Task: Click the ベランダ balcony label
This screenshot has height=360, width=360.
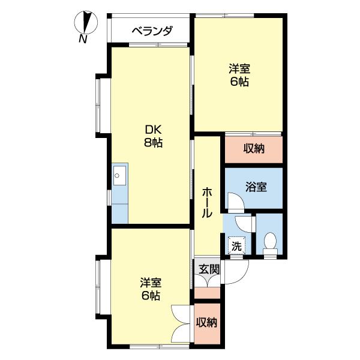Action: (x=152, y=31)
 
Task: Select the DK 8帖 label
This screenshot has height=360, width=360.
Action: (x=152, y=136)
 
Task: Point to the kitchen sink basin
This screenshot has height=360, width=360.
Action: (x=119, y=175)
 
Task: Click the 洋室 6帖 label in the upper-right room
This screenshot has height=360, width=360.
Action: (x=239, y=75)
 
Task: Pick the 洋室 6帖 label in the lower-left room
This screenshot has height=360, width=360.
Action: (x=151, y=289)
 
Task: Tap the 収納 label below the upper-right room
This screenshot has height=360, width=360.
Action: (x=254, y=149)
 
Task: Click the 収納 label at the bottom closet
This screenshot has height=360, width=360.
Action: (x=207, y=322)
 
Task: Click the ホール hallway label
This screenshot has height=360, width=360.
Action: (x=207, y=202)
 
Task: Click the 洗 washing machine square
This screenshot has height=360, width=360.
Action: (x=237, y=245)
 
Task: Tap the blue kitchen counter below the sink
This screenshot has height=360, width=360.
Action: (x=119, y=204)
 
